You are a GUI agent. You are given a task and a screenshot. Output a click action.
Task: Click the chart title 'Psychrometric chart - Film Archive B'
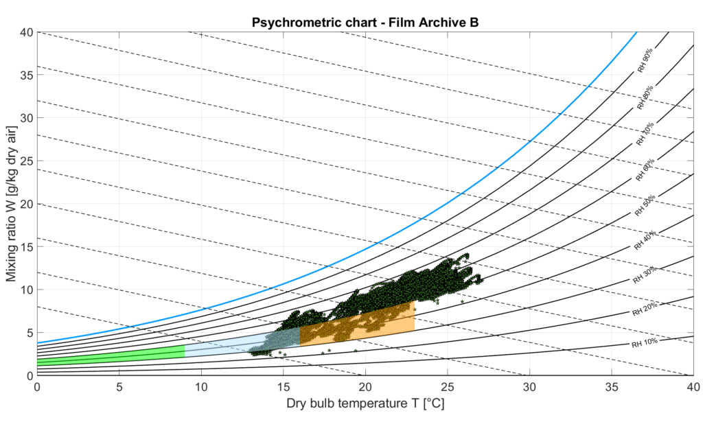(x=365, y=21)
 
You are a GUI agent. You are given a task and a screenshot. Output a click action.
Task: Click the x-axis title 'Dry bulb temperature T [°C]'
(x=365, y=405)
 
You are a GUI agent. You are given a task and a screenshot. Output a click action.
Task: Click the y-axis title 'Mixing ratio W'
(x=12, y=204)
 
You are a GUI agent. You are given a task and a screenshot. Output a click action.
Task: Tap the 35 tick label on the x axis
(x=611, y=387)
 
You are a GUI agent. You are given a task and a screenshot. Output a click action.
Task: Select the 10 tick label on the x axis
(x=201, y=387)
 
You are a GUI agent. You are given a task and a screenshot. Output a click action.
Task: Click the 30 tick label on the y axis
(x=26, y=117)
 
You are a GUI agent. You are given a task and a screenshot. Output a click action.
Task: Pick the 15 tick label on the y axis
(x=26, y=246)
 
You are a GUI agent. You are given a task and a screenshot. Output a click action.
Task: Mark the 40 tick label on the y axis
(x=26, y=32)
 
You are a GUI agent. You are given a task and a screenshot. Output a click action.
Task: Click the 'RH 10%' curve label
(x=645, y=341)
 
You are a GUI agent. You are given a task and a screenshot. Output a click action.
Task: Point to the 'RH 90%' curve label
(x=645, y=60)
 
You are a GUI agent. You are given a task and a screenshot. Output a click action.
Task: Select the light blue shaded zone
(x=227, y=345)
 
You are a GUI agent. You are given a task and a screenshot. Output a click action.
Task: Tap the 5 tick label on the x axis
(x=119, y=387)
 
